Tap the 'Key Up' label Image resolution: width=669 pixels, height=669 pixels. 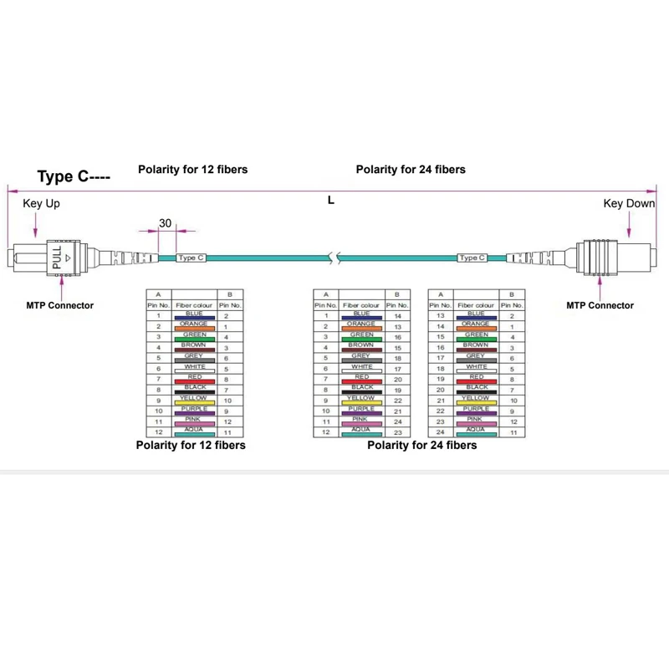(x=41, y=203)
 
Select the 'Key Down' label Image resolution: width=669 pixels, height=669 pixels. (x=629, y=203)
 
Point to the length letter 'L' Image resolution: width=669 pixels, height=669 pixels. (x=332, y=201)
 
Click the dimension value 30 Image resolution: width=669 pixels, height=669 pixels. (x=165, y=223)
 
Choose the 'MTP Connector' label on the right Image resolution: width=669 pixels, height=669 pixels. (x=600, y=305)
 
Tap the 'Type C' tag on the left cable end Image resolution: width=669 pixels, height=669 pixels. (x=191, y=258)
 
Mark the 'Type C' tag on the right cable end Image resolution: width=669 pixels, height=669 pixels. (x=472, y=258)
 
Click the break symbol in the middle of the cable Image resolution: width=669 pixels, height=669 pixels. (x=335, y=258)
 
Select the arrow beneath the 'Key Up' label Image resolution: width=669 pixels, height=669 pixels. (x=35, y=226)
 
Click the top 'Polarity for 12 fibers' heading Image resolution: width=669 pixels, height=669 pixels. (x=192, y=170)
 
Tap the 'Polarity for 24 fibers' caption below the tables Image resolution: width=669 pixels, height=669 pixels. (x=422, y=446)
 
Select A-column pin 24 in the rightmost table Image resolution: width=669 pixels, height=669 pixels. (x=441, y=432)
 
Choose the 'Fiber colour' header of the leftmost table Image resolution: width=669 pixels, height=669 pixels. (x=194, y=306)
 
